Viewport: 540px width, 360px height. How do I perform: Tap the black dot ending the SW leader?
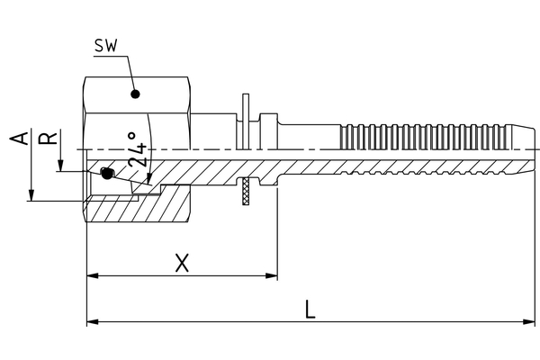135,93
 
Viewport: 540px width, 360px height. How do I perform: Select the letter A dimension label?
15,139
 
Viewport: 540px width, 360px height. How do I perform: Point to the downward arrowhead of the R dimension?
58,166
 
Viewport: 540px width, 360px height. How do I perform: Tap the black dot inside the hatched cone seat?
107,174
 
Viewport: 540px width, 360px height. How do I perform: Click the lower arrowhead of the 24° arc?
149,179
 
